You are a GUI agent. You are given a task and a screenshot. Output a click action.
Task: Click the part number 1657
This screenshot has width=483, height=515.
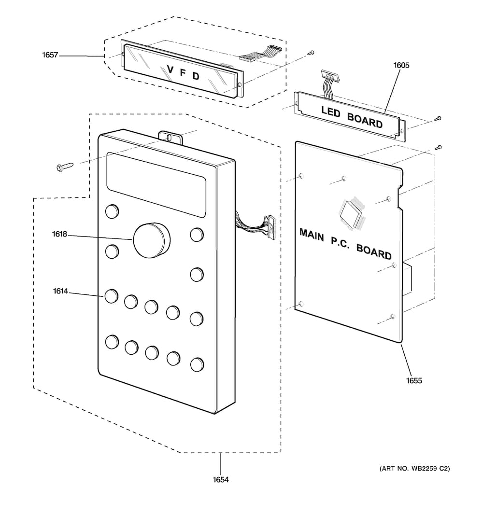[50, 55]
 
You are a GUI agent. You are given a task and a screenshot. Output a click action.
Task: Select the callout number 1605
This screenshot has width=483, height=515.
[401, 65]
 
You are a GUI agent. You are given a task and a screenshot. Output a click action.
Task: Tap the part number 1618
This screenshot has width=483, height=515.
[59, 234]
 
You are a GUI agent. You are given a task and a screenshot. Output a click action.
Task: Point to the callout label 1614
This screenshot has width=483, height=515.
[60, 291]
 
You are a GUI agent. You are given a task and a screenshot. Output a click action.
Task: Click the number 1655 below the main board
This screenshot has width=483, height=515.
[414, 381]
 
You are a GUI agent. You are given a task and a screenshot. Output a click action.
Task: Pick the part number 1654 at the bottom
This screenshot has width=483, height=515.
[220, 480]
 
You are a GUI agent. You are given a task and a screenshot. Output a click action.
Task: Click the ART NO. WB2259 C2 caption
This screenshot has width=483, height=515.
[415, 469]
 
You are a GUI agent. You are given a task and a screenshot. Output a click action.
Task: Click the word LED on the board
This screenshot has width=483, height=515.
[330, 112]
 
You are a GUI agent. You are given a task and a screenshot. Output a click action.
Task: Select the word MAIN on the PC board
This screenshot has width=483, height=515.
[312, 235]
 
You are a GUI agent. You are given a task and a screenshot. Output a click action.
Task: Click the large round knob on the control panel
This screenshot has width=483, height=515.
[152, 240]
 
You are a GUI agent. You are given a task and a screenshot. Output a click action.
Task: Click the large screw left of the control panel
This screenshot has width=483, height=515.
[65, 167]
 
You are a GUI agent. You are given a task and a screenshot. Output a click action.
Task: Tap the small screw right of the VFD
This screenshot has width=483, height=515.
[311, 52]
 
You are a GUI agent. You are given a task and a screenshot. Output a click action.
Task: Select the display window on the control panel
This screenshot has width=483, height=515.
[156, 185]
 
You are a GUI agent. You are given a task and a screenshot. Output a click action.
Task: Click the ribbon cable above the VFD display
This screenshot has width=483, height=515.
[261, 53]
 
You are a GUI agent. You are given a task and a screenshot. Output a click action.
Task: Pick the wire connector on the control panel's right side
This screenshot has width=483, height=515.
[271, 227]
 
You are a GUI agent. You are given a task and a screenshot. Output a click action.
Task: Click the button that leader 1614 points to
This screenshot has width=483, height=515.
[112, 296]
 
